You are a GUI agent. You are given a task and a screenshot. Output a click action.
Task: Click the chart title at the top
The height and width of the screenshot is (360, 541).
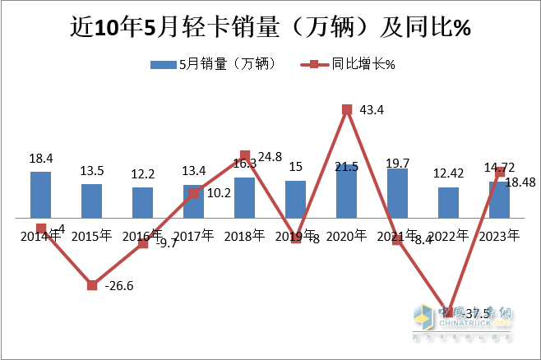270,29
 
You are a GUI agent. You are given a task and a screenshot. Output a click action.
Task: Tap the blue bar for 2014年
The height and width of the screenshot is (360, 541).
40,195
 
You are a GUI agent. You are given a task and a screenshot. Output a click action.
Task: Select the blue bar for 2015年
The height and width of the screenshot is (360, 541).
91,201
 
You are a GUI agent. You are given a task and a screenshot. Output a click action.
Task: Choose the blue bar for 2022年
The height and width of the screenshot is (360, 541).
448,202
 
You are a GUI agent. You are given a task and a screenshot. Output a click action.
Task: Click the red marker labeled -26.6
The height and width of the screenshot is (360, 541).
92,285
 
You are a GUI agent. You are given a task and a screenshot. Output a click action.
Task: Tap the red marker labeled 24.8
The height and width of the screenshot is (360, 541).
244,155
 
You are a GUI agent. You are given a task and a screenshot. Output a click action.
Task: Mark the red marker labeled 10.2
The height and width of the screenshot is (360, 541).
193,194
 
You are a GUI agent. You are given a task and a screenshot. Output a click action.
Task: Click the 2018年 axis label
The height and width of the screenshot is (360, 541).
244,236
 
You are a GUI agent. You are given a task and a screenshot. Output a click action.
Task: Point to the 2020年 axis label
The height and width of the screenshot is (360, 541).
346,236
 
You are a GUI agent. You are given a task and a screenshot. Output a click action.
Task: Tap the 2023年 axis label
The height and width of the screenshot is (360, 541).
499,236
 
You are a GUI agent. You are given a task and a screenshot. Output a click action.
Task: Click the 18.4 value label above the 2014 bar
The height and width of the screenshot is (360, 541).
41,158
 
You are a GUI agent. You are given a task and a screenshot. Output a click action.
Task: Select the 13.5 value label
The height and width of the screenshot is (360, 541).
92,171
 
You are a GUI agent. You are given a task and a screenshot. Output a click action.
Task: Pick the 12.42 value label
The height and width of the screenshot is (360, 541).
448,174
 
